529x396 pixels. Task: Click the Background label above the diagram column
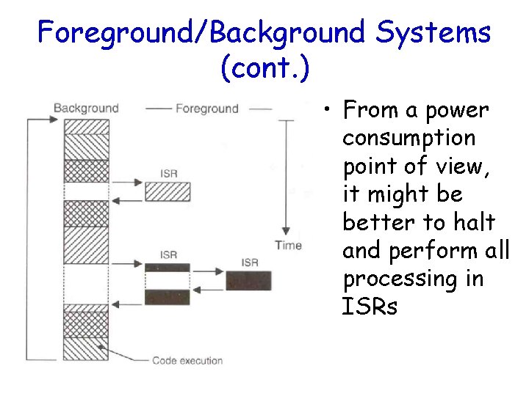pos(86,108)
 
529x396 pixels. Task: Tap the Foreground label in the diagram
pos(206,109)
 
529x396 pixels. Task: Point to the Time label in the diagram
pos(288,245)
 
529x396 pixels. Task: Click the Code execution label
pos(187,360)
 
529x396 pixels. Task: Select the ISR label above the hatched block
pos(168,174)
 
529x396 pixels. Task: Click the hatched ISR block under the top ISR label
pos(168,191)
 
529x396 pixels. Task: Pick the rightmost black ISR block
pos(248,280)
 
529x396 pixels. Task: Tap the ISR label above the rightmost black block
pos(250,263)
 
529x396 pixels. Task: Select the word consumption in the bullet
pos(409,139)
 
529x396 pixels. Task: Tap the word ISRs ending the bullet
pos(370,307)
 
